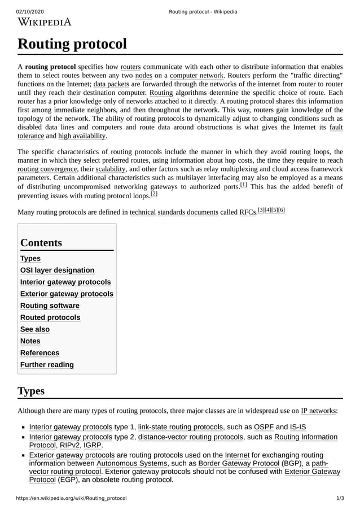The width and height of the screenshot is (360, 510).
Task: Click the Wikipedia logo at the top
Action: point(45,23)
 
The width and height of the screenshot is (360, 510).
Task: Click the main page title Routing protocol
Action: point(72,44)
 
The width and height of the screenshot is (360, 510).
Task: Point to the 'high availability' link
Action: point(82,136)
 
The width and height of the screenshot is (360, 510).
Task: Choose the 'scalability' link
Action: point(111,169)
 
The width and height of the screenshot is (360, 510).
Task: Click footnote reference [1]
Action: point(243,184)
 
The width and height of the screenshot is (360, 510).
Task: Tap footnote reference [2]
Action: point(153,194)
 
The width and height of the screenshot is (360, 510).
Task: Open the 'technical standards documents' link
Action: point(174,212)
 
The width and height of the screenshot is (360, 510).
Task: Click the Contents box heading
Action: point(41,243)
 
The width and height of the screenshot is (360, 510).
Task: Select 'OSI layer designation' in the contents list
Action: point(57,271)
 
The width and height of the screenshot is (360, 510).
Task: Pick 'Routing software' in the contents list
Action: point(50,306)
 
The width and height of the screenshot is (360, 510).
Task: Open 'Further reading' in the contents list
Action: point(47,365)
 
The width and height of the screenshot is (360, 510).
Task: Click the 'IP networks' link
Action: point(318,411)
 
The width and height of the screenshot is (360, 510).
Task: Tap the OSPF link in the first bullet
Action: point(264,427)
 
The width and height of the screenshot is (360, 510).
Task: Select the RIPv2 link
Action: point(70,446)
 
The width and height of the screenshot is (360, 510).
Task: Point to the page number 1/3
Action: point(339,499)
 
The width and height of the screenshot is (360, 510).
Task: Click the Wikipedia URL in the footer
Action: point(71,499)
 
